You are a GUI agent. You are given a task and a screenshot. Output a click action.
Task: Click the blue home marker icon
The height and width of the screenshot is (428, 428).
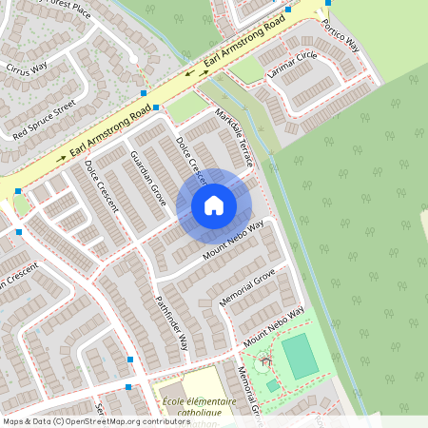click(214, 205)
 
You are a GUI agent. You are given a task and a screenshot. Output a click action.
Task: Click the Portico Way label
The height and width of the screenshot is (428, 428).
click(340, 36)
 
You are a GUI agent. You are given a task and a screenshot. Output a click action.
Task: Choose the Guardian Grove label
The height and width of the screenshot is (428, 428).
click(149, 178)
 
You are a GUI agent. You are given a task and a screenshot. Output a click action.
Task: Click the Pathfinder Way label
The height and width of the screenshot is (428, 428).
click(172, 322)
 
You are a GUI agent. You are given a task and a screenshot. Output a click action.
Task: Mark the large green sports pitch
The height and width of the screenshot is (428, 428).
click(301, 355)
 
